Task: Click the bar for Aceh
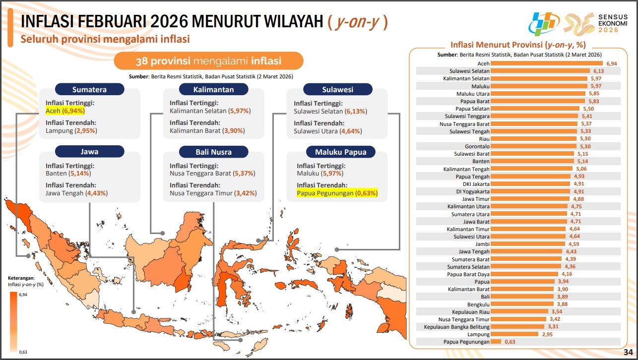[547, 63]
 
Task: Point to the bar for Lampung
[514, 334]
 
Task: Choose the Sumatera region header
[89, 90]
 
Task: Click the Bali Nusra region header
[213, 152]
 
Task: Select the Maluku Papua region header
[338, 152]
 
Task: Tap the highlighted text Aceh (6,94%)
[66, 111]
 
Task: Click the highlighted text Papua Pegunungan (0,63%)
[337, 193]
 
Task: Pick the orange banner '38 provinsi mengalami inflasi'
[209, 61]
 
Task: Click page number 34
[628, 352]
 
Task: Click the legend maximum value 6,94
[23, 295]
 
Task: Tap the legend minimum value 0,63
[23, 352]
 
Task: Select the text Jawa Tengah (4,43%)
[76, 193]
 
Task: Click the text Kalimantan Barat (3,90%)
[207, 131]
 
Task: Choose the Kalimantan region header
[213, 90]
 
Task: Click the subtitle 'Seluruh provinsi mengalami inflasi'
[105, 39]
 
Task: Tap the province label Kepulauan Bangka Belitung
[457, 327]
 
